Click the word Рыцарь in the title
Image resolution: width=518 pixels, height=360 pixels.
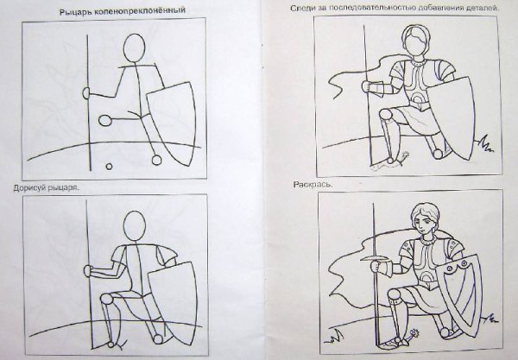tap(76, 12)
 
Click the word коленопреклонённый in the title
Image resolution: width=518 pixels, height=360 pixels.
tap(140, 11)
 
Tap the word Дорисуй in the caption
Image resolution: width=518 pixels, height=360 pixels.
tap(29, 188)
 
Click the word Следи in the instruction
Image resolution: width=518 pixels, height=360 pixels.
tap(300, 9)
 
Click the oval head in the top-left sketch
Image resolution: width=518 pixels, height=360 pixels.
tap(134, 47)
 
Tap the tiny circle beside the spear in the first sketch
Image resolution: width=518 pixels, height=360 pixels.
tap(109, 167)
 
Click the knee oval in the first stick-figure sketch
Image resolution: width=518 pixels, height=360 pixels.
tap(105, 120)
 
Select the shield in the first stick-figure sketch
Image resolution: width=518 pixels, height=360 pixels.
tap(173, 123)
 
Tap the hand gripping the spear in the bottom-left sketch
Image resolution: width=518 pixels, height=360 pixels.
tap(87, 271)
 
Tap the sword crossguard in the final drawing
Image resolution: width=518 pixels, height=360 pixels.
tap(375, 259)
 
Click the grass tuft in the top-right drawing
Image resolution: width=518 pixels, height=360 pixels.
tap(485, 144)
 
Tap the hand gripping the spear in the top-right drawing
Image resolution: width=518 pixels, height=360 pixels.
tap(366, 86)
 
